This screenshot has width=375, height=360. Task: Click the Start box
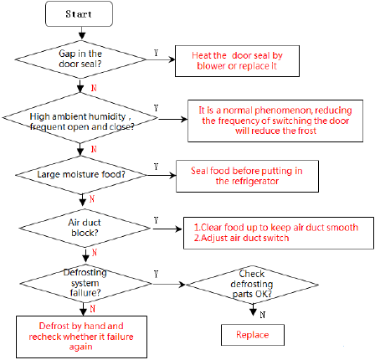pos(79,14)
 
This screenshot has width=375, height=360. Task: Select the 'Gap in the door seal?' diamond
pos(80,59)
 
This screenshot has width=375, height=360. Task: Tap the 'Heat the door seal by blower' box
pos(237,61)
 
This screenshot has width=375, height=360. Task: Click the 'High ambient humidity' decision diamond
pos(80,118)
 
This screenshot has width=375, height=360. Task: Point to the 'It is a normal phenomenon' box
pos(275,121)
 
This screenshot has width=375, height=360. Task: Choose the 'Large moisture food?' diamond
pos(81,175)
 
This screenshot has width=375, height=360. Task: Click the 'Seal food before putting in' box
pos(247,176)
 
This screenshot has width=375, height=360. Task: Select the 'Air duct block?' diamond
pos(85,228)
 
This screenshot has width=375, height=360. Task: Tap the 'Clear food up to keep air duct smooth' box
pos(279,233)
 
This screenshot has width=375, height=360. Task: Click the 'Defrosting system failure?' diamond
pos(85,283)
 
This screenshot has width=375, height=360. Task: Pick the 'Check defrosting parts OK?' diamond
pos(252,285)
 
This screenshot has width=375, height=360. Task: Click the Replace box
pos(253,335)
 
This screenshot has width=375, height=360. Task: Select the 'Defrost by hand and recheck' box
pos(81,337)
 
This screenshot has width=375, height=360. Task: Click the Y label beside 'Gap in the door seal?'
pos(156,53)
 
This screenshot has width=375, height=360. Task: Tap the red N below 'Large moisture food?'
pos(92,199)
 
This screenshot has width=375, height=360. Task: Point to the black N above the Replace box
pos(263,315)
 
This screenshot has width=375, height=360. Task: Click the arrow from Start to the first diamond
pos(82,33)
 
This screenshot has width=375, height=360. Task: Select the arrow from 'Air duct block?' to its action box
pos(167,229)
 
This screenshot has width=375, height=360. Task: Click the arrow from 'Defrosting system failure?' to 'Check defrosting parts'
pos(169,285)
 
